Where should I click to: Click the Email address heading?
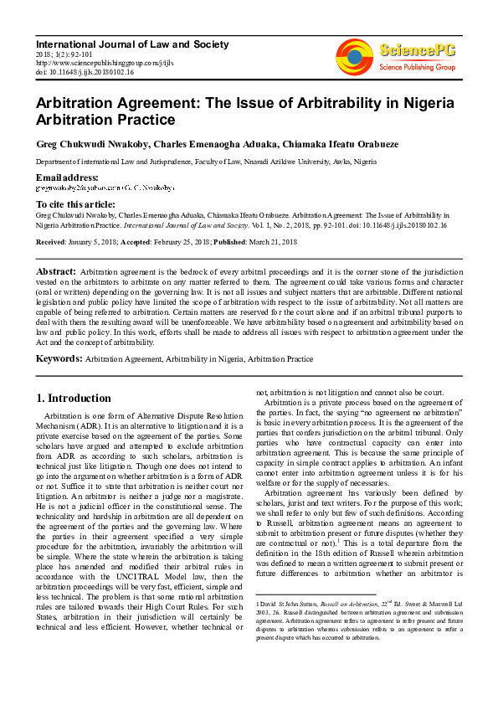pos(67,178)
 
